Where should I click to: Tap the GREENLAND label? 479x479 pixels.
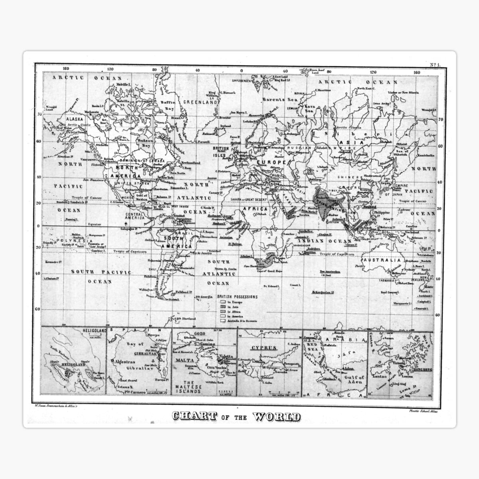click(201, 102)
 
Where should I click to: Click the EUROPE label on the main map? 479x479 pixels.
click(271, 162)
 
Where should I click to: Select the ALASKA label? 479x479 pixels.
click(75, 119)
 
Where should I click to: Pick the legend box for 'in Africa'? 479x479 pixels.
click(223, 311)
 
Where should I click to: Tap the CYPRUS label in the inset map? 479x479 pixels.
click(264, 348)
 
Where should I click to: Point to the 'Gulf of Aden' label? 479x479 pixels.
click(355, 380)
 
